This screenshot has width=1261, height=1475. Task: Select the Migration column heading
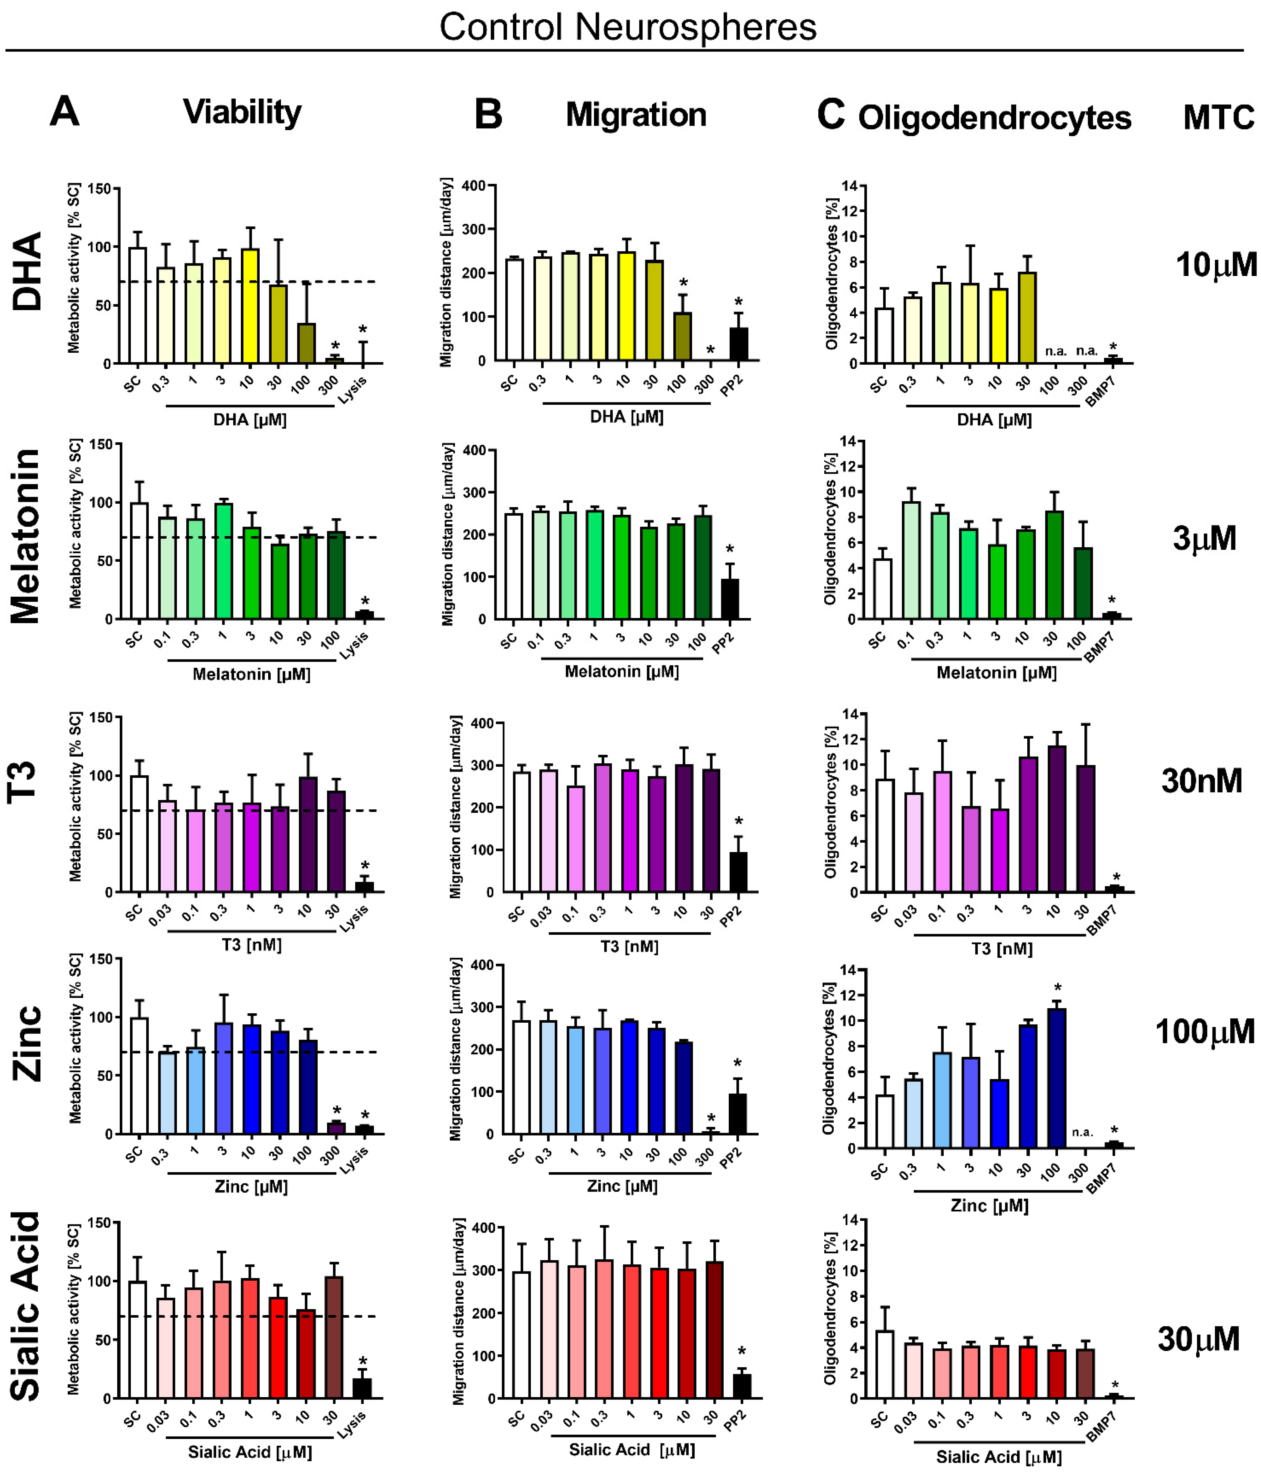point(636,115)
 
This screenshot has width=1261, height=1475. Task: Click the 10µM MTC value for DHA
point(1216,265)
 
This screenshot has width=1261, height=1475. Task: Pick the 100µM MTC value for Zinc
point(1204,1031)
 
